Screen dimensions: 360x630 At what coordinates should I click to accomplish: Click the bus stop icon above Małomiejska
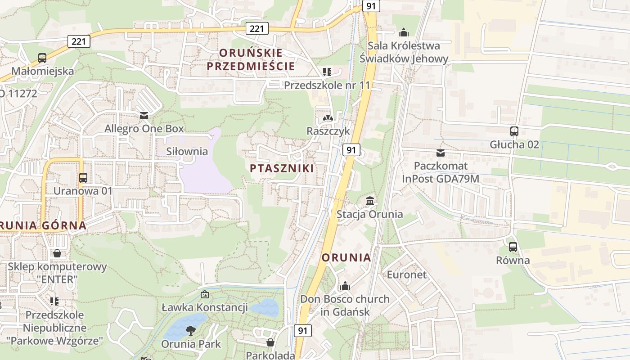tap(42, 58)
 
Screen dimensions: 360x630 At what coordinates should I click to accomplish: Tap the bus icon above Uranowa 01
tap(83, 177)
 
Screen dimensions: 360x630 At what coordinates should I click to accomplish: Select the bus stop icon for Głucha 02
tap(514, 131)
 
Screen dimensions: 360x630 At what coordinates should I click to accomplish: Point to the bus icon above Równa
tap(513, 247)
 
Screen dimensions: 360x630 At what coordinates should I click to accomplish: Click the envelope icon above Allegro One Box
tap(144, 116)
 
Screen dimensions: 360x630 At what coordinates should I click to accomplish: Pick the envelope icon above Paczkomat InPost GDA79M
tap(440, 153)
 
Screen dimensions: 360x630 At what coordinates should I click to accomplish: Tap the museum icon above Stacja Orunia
tap(370, 201)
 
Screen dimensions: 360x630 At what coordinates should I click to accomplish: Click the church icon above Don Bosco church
tap(345, 286)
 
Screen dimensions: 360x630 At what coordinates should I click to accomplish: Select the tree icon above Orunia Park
tap(191, 331)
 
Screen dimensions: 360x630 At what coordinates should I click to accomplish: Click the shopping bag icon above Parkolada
tap(270, 342)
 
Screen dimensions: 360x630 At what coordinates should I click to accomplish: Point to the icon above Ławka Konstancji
tap(204, 295)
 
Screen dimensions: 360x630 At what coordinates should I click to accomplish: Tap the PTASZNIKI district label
tap(282, 168)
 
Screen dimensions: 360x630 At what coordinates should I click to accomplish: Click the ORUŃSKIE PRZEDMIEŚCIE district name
tap(251, 59)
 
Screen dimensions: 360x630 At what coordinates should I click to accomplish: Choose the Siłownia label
tap(187, 151)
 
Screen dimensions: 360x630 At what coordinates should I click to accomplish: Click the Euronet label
tap(407, 274)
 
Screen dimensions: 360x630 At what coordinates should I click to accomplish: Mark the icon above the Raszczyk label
tap(328, 118)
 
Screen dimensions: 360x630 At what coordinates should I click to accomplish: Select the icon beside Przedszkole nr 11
tap(327, 72)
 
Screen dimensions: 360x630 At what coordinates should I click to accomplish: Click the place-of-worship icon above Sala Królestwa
tap(404, 32)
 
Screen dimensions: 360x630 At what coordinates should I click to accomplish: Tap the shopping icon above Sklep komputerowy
tap(57, 253)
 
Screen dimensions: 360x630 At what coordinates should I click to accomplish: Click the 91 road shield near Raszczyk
tap(351, 150)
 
